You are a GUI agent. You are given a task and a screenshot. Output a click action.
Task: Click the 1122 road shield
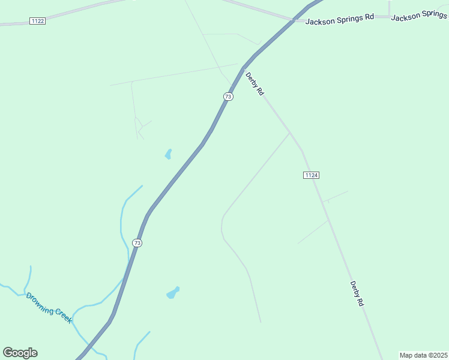click(37, 21)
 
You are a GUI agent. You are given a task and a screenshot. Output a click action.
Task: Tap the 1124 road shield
click(310, 175)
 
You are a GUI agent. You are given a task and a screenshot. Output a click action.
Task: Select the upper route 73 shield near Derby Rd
click(228, 97)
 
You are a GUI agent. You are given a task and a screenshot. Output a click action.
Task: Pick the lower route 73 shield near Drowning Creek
click(137, 243)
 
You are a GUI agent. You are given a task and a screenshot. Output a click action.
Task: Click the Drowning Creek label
click(49, 307)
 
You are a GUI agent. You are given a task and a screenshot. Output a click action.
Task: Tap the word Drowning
click(40, 302)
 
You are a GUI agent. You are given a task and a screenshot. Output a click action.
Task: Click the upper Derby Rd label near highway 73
click(255, 84)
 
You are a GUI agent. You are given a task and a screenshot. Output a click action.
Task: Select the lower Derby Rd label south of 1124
click(357, 294)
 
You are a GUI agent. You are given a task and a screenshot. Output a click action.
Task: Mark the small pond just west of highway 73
click(169, 154)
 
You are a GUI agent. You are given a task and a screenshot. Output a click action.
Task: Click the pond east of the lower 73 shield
click(173, 293)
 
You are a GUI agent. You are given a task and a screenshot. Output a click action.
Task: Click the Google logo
click(20, 353)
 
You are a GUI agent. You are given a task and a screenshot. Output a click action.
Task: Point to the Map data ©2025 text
click(423, 355)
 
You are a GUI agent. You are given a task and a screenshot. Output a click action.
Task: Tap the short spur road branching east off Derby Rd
click(335, 196)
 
